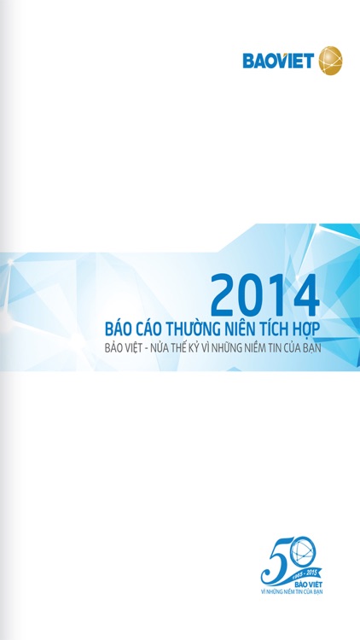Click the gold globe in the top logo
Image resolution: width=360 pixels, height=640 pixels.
[x=329, y=61]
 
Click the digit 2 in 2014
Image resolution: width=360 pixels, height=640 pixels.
[x=224, y=295]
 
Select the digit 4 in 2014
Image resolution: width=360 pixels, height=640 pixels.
[x=304, y=295]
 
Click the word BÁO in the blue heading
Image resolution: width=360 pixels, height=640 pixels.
[x=117, y=329]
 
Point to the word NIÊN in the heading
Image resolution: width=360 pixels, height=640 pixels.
[x=242, y=329]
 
